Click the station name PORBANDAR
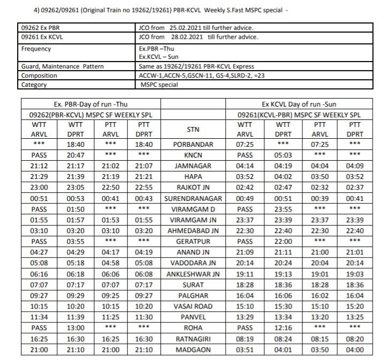point(194,145)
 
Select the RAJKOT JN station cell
point(194,188)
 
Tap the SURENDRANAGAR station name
point(194,199)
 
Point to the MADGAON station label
point(194,350)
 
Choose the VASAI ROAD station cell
point(194,306)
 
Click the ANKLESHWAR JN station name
point(194,274)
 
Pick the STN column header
point(194,130)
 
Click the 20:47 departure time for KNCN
point(76,155)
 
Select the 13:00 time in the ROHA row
point(76,328)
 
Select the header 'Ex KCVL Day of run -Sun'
point(299,104)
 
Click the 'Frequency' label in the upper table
point(36,49)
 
